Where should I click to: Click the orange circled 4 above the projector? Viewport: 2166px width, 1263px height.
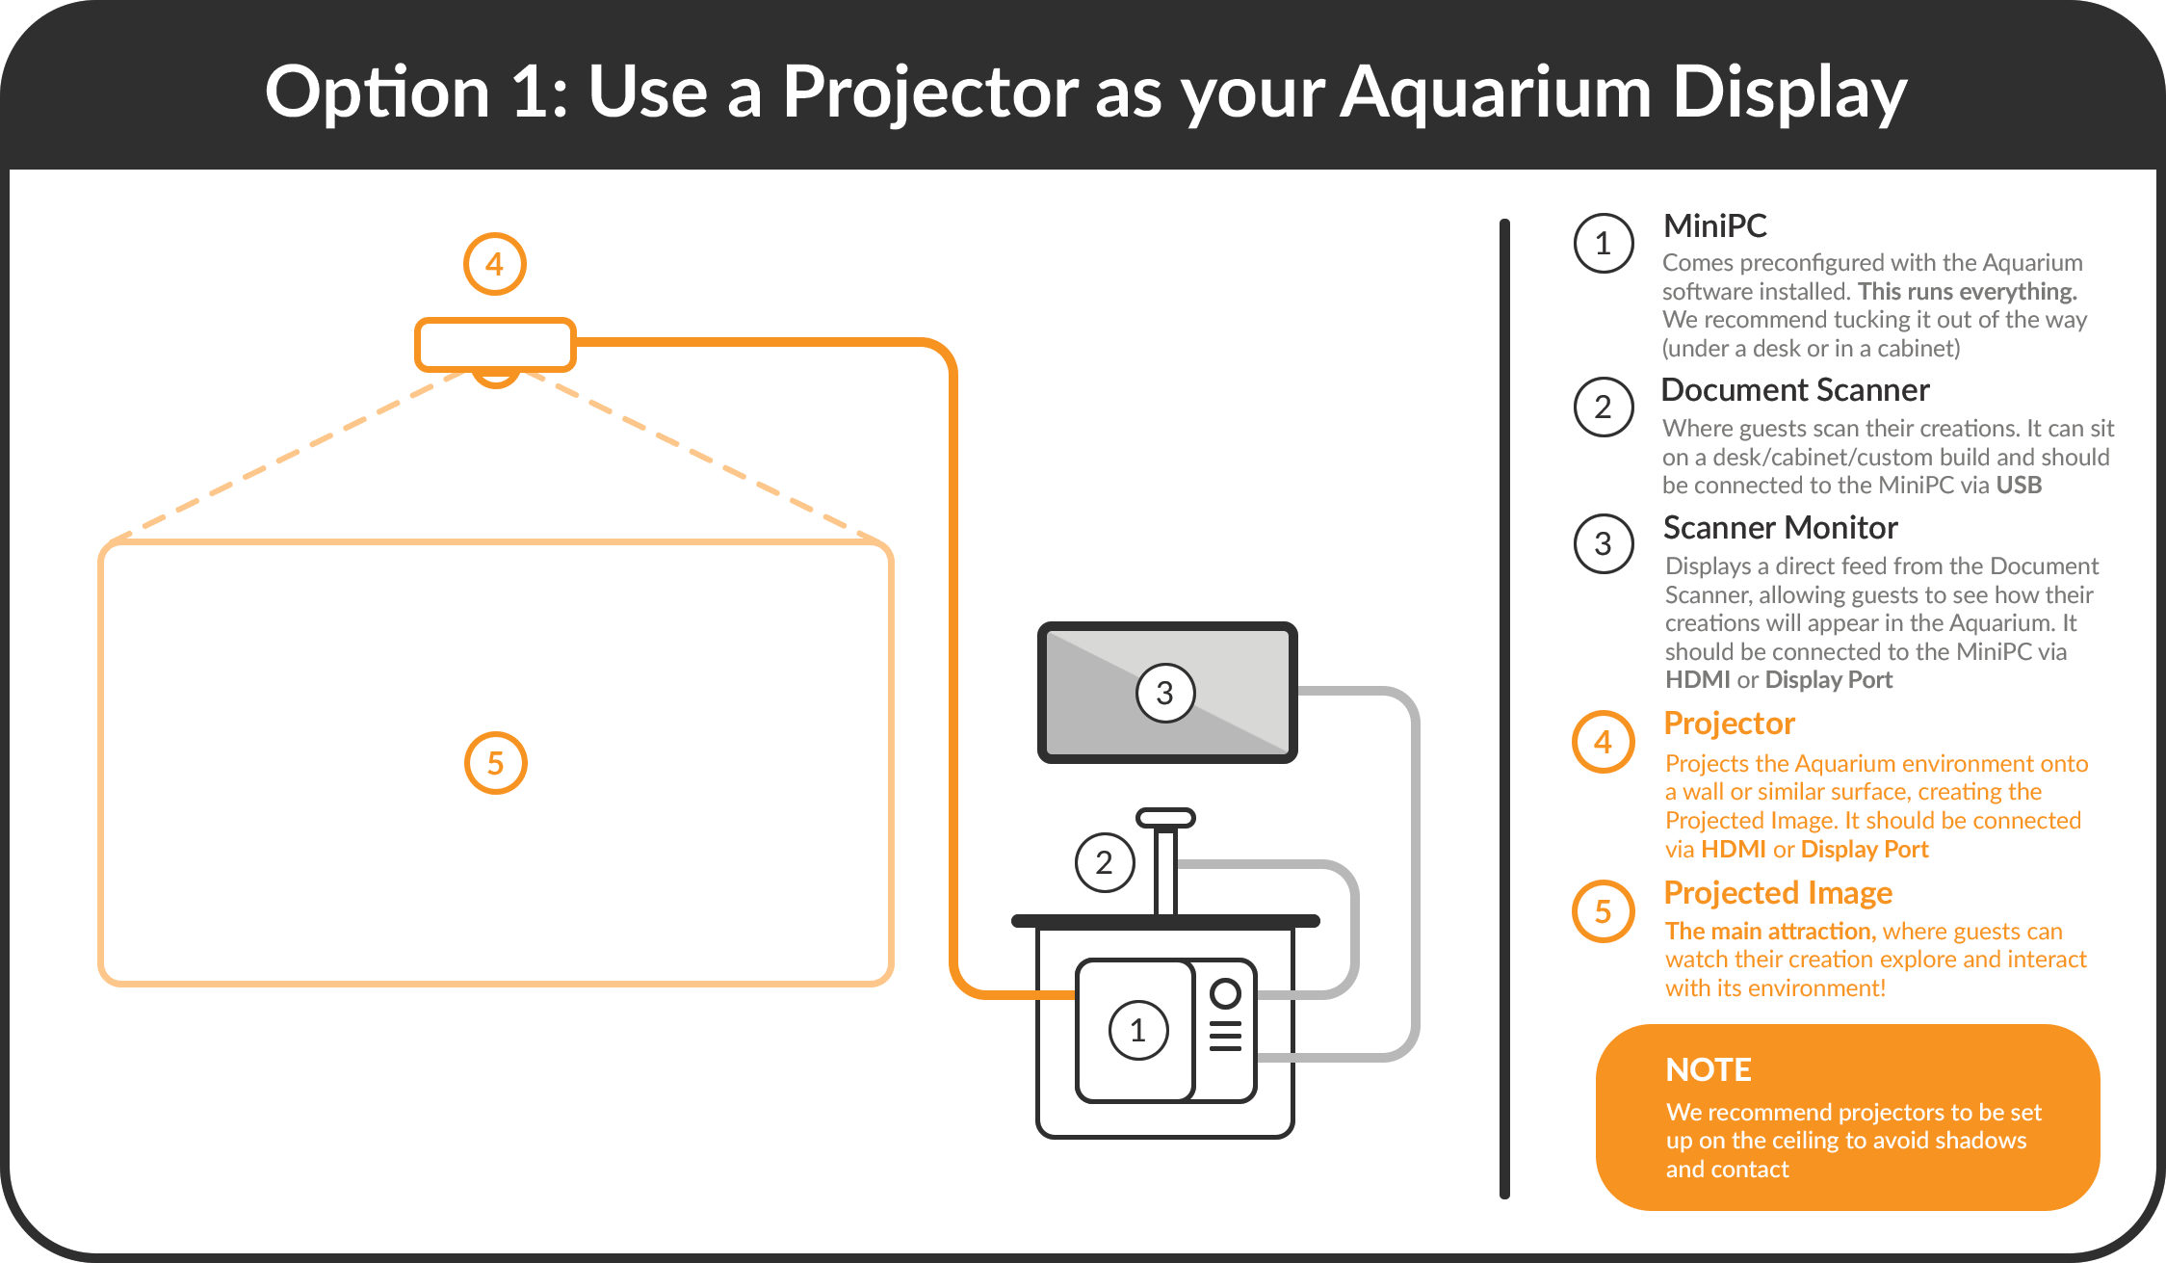(495, 264)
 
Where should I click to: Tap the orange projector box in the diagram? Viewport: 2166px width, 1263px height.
(495, 344)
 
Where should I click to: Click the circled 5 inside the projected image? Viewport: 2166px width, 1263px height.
(495, 763)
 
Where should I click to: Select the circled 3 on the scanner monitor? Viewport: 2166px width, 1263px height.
(1165, 693)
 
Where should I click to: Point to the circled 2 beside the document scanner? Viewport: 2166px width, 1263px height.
(1105, 862)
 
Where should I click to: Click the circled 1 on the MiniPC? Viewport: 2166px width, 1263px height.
(1138, 1030)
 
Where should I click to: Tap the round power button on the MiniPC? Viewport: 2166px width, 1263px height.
(1225, 993)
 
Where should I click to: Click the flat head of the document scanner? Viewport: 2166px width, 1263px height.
(1165, 818)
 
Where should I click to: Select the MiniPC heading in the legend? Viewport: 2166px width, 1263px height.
(1714, 225)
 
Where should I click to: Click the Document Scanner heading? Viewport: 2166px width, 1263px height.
(1795, 390)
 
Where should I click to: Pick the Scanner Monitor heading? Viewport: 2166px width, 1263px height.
(1780, 528)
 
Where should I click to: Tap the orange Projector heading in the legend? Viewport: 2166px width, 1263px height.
(1729, 724)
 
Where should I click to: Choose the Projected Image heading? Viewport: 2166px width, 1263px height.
(1778, 893)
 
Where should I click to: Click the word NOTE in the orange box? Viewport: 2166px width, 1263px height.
(1708, 1070)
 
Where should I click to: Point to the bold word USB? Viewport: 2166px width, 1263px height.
(2019, 486)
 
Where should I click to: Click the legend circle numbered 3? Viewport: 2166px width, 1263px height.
(1604, 543)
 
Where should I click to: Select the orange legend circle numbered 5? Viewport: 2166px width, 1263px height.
(1604, 911)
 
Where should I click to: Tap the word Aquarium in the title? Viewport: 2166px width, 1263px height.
(1496, 92)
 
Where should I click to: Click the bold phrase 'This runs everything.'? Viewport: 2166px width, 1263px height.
(1967, 292)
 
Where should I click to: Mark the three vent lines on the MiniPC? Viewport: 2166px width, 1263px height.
(1225, 1036)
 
